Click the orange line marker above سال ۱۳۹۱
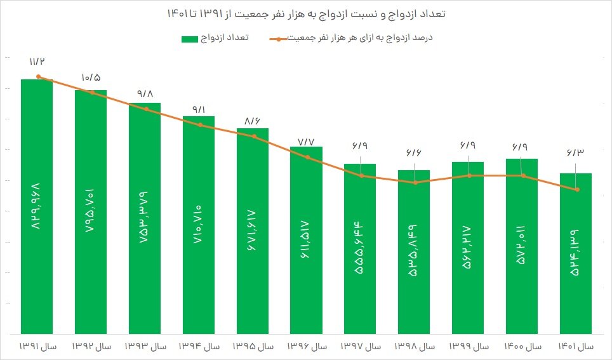point(39,77)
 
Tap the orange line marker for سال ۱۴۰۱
point(576,190)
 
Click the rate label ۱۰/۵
point(91,77)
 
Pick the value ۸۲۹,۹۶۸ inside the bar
point(37,210)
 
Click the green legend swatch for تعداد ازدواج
point(190,39)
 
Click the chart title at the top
point(306,13)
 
